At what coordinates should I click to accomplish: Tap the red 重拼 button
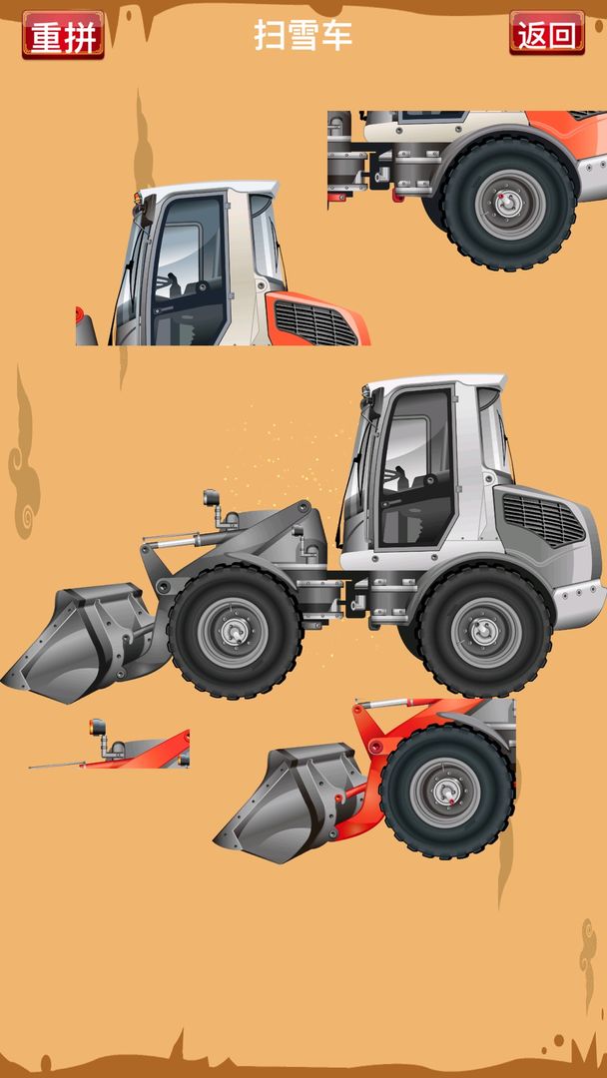pyautogui.click(x=63, y=34)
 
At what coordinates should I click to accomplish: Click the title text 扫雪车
pyautogui.click(x=303, y=34)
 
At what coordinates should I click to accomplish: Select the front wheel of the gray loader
pyautogui.click(x=235, y=632)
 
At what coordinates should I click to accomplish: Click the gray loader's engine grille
pyautogui.click(x=543, y=518)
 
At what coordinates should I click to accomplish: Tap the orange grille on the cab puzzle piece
pyautogui.click(x=316, y=321)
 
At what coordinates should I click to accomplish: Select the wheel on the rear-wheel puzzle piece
pyautogui.click(x=509, y=204)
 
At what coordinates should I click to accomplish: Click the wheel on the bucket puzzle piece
pyautogui.click(x=447, y=792)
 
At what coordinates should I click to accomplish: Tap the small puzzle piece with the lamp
pyautogui.click(x=110, y=745)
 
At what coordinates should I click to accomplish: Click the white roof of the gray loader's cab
pyautogui.click(x=435, y=382)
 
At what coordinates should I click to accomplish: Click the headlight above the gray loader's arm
pyautogui.click(x=211, y=497)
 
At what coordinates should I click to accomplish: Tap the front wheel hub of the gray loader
pyautogui.click(x=235, y=632)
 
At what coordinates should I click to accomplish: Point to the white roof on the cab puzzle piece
pyautogui.click(x=208, y=189)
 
